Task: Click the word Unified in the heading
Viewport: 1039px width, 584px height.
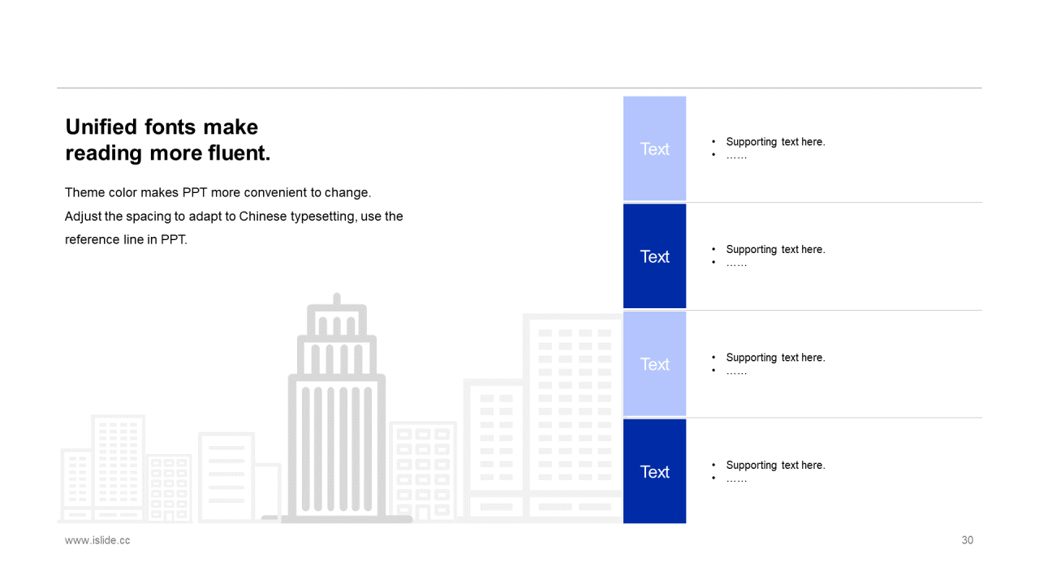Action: [101, 127]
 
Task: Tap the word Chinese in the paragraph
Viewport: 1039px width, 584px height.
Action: [263, 217]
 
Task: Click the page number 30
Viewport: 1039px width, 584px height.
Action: [967, 540]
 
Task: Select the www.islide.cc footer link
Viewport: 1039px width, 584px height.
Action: [97, 540]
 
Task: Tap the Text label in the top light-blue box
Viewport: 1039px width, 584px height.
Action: [654, 148]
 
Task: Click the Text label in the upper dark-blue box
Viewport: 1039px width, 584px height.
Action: [654, 256]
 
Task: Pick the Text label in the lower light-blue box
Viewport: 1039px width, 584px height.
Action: [654, 364]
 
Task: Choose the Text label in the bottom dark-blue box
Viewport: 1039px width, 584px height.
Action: [654, 472]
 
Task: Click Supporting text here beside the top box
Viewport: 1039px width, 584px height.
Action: [775, 142]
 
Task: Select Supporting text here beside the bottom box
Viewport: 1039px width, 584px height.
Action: [775, 466]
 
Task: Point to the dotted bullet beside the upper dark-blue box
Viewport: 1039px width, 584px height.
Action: [736, 264]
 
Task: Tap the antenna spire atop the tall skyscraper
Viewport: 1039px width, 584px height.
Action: [337, 299]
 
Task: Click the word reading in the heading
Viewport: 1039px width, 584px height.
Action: [103, 153]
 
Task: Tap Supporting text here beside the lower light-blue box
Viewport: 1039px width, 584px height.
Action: [775, 358]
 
